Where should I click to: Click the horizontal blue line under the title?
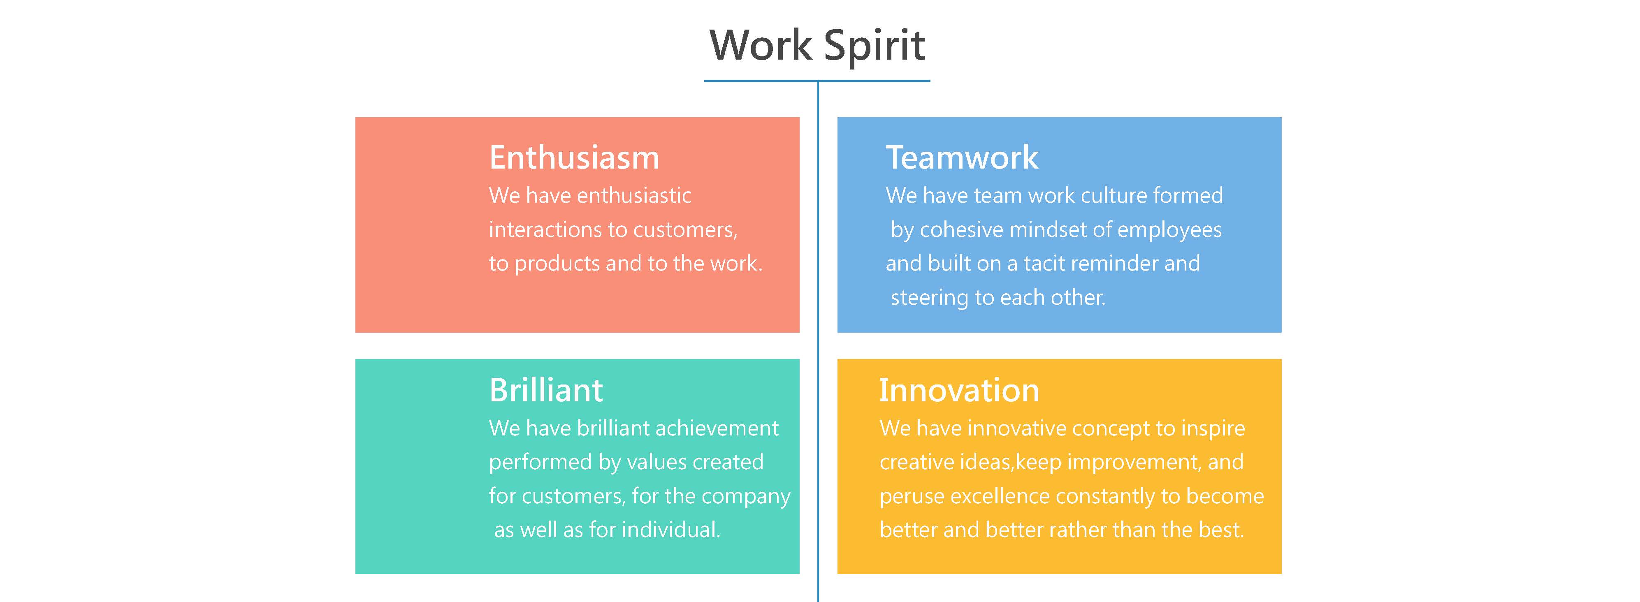[x=817, y=81]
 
